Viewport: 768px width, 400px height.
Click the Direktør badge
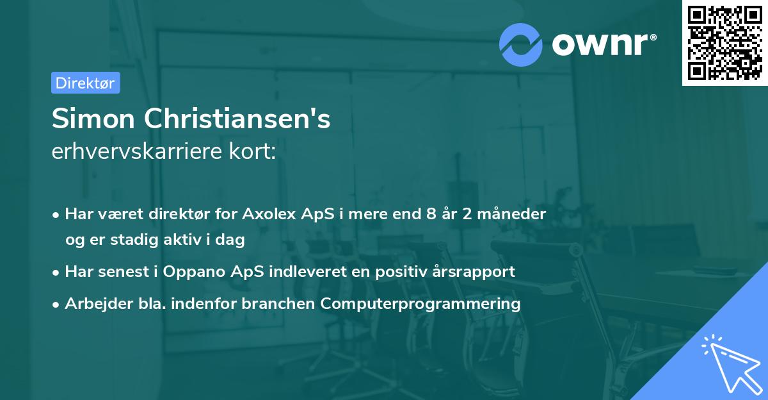coord(85,83)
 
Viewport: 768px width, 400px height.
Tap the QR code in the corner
coord(724,42)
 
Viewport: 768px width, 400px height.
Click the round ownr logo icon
coord(521,44)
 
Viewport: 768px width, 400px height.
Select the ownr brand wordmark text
coord(604,44)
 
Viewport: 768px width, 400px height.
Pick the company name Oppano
coord(189,271)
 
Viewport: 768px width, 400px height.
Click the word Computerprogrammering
coord(420,303)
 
